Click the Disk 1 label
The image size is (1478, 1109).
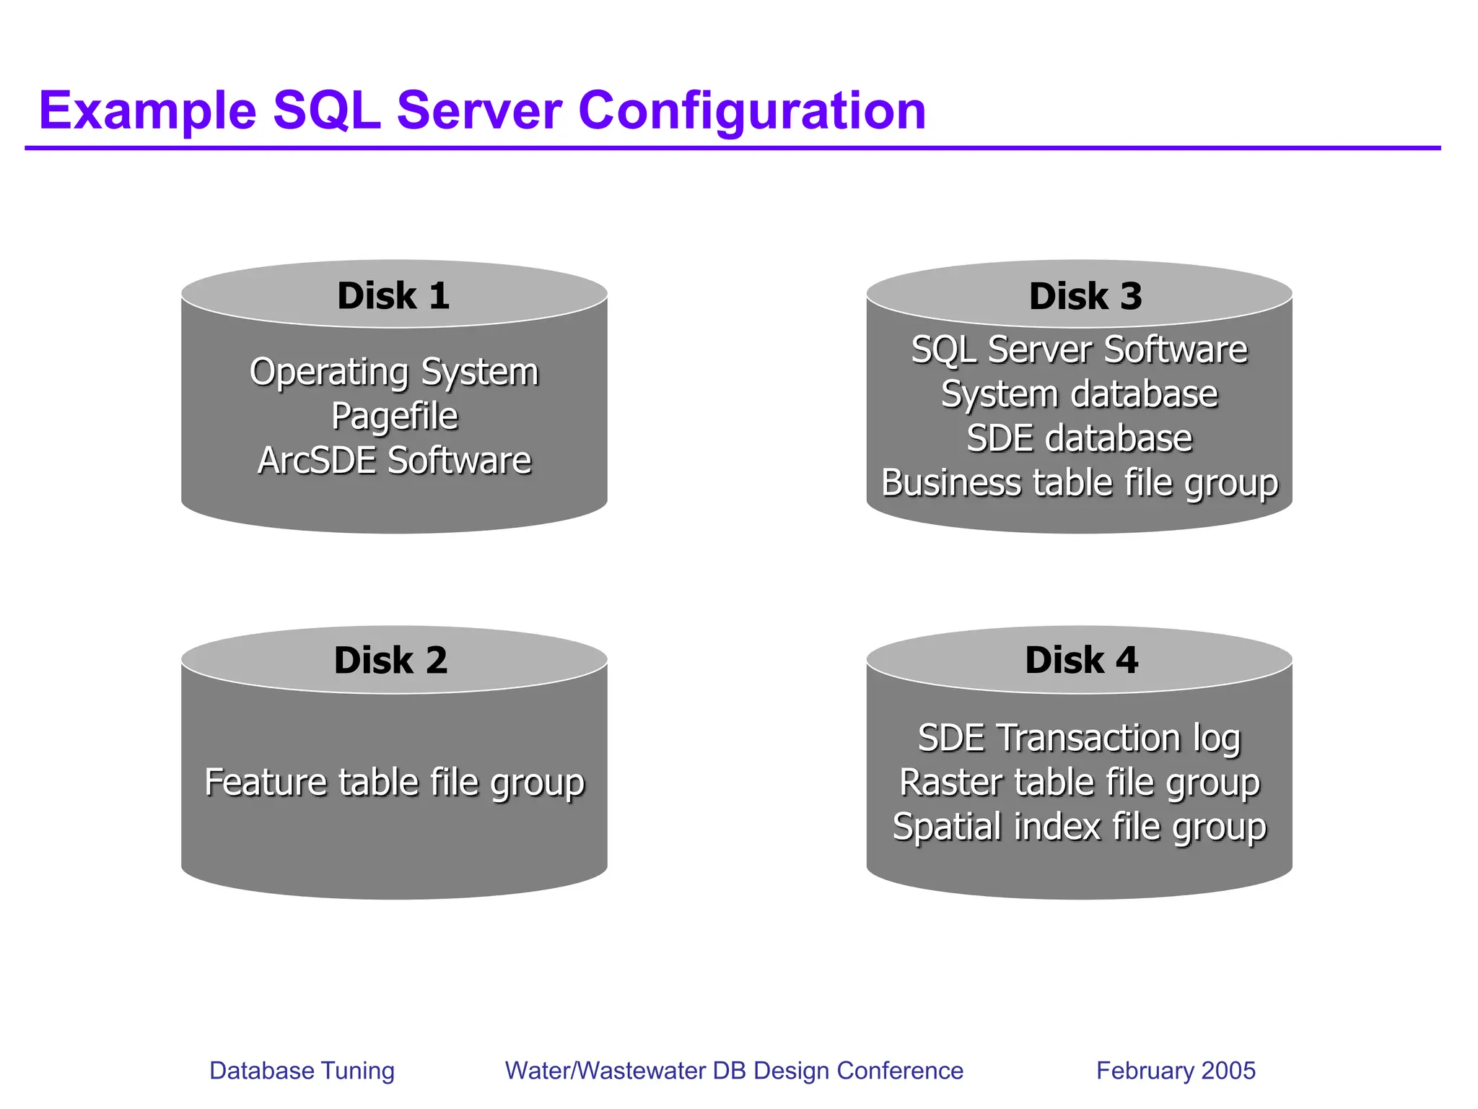pyautogui.click(x=393, y=296)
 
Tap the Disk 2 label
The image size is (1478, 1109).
pyautogui.click(x=390, y=660)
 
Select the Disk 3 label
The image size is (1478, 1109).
pyautogui.click(x=1085, y=296)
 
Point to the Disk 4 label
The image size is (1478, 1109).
pyautogui.click(x=1081, y=660)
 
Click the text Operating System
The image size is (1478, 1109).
pyautogui.click(x=394, y=373)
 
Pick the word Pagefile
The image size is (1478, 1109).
pyautogui.click(x=394, y=417)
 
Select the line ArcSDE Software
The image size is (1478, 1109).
pyautogui.click(x=394, y=461)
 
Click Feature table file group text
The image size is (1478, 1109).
pyautogui.click(x=394, y=783)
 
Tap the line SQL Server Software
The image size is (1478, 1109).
pyautogui.click(x=1079, y=350)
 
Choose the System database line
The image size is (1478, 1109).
pyautogui.click(x=1079, y=394)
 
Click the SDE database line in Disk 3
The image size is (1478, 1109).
pyautogui.click(x=1079, y=438)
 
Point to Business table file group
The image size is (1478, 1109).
pyautogui.click(x=1079, y=483)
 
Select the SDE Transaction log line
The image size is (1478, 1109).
pyautogui.click(x=1079, y=739)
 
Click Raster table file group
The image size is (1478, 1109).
pyautogui.click(x=1079, y=783)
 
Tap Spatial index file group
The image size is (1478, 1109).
pyautogui.click(x=1079, y=827)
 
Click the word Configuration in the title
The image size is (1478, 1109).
pyautogui.click(x=751, y=111)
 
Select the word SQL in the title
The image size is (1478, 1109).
pyautogui.click(x=326, y=111)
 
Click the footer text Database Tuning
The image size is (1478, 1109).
pyautogui.click(x=302, y=1070)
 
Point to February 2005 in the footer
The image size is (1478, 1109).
pyautogui.click(x=1176, y=1070)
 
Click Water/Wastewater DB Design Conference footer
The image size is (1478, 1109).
pyautogui.click(x=734, y=1070)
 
